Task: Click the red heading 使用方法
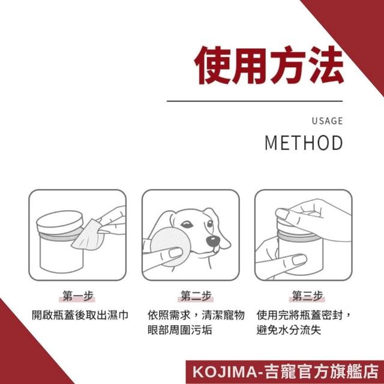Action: coord(269,65)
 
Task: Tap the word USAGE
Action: coord(327,121)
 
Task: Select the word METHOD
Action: coord(304,143)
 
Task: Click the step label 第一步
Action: coord(78,296)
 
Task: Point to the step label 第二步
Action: coord(196,296)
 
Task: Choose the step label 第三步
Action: coord(307,296)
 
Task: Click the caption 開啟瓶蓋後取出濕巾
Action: coord(80,315)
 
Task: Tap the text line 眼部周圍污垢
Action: coord(180,329)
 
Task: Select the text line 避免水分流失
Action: coord(289,329)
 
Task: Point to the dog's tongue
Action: coord(217,250)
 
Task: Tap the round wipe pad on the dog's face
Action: coord(169,247)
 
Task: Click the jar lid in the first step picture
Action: coord(59,222)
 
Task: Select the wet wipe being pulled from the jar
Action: coord(87,236)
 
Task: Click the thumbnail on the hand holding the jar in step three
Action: coord(299,260)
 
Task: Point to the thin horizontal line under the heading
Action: coord(254,101)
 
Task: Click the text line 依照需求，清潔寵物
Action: coord(196,315)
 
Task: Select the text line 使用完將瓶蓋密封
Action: coord(299,315)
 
